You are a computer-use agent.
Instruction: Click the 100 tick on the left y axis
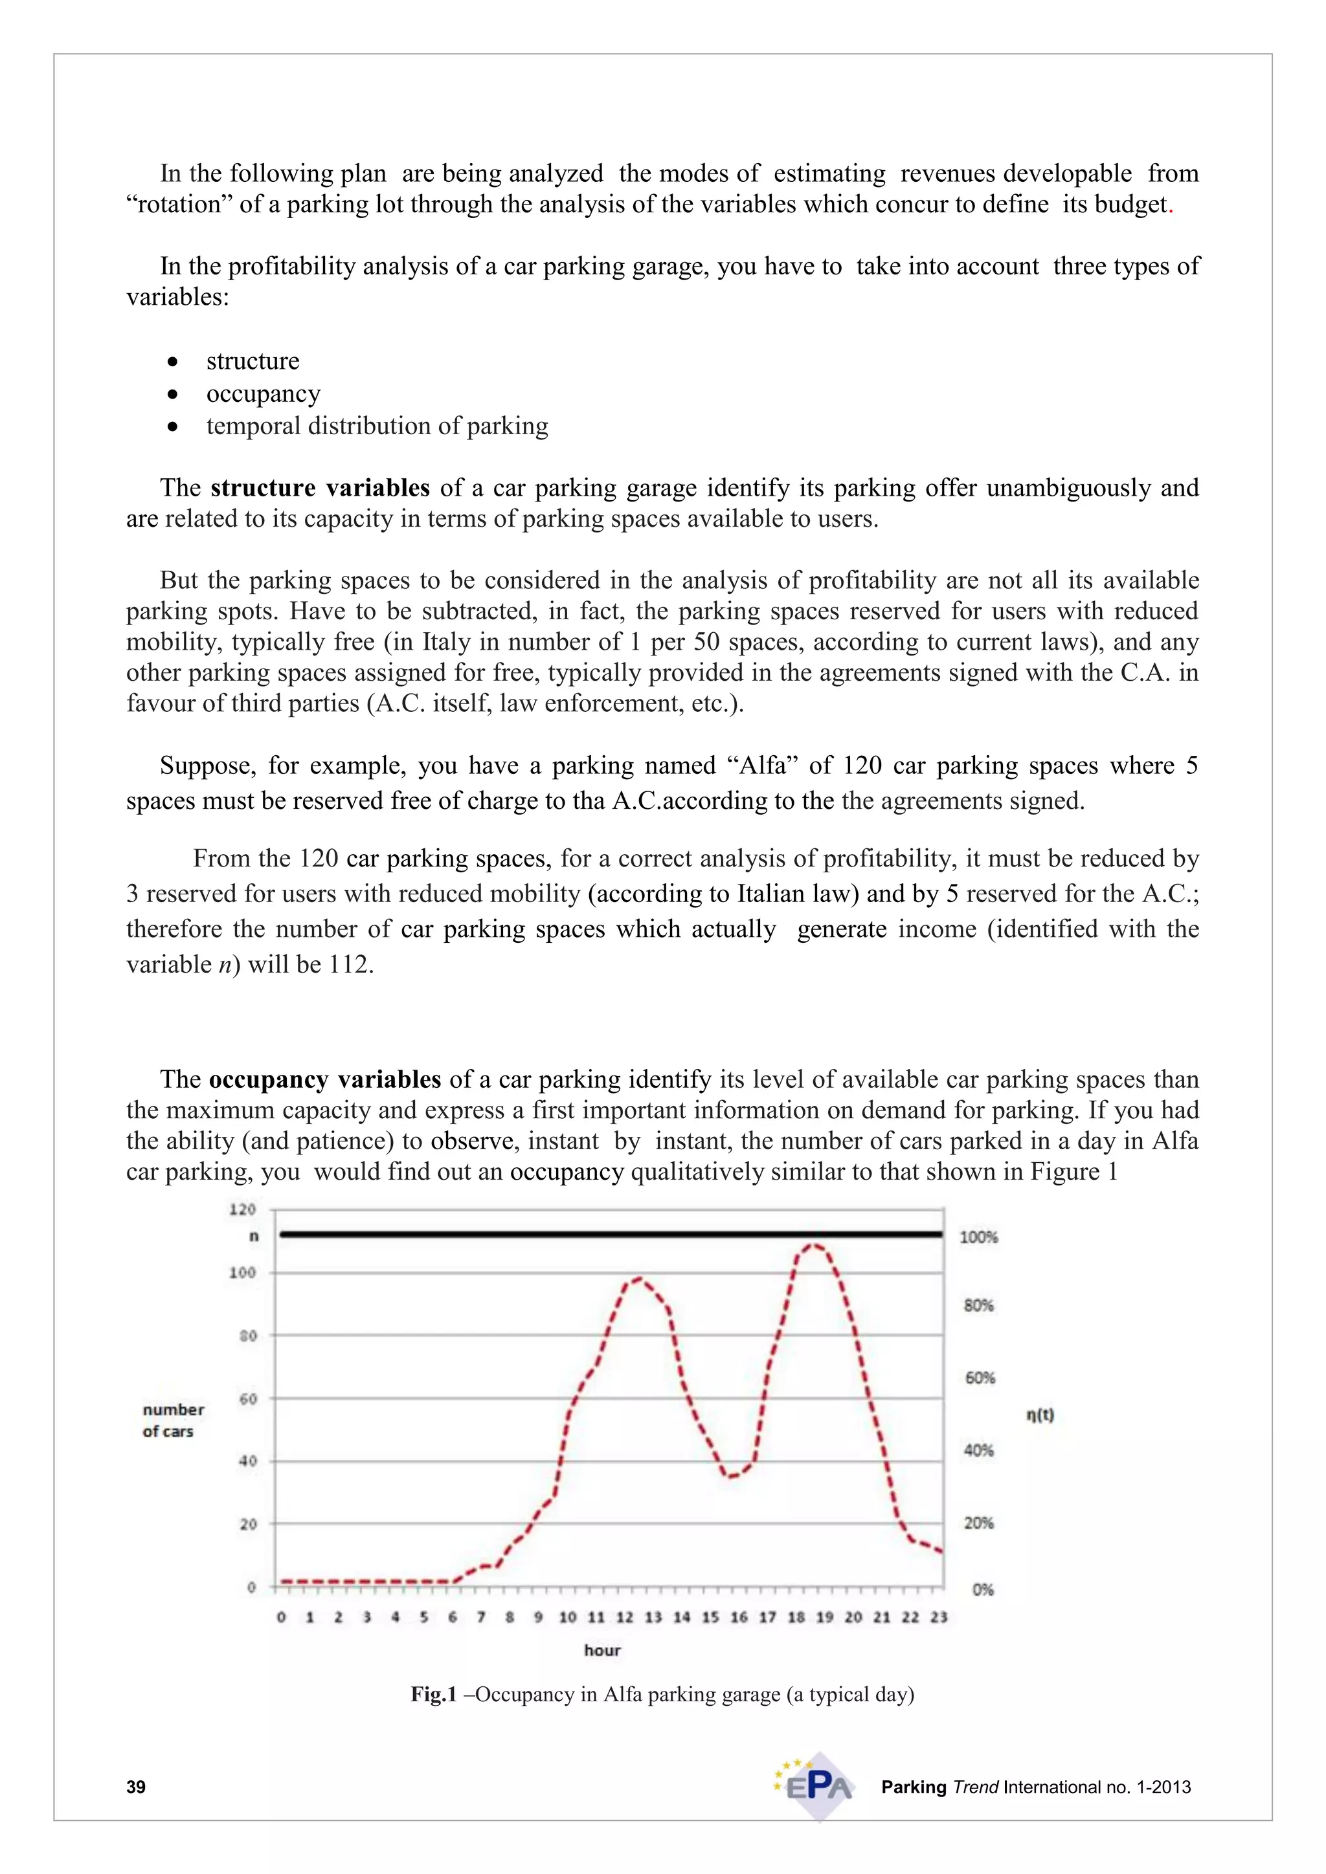[x=243, y=1272]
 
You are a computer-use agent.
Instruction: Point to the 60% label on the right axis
[x=980, y=1378]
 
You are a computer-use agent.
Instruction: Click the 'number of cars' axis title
[x=172, y=1420]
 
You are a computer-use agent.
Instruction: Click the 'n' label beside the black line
[x=254, y=1237]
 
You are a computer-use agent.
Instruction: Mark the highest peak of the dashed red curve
[x=813, y=1245]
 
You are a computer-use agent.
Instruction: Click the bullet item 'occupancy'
[x=263, y=393]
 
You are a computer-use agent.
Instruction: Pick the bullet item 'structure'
[x=253, y=361]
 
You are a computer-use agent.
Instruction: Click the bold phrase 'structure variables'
[x=320, y=488]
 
